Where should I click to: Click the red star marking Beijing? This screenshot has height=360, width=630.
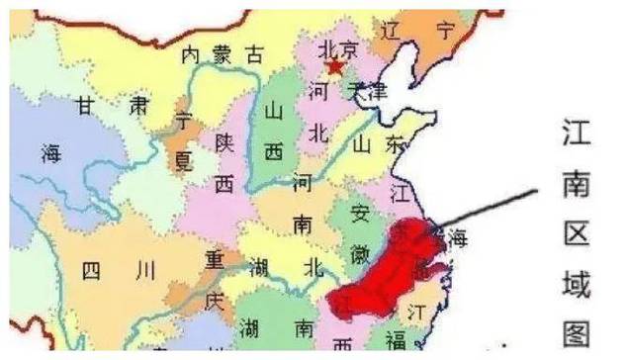pos(335,67)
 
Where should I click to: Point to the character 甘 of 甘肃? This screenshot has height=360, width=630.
pos(89,106)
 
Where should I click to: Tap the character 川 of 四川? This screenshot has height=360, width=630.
pos(146,269)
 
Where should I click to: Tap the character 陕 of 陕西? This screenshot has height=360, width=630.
pos(226,143)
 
